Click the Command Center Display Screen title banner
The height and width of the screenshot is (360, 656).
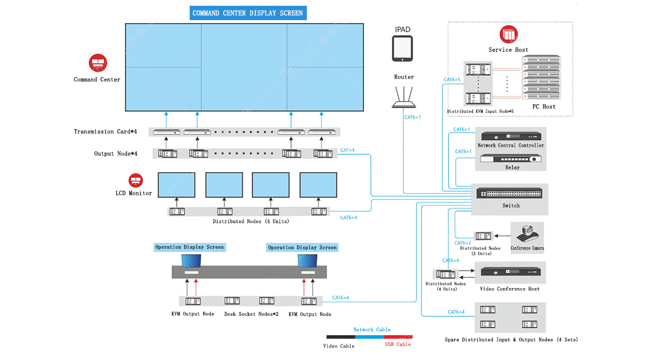[x=248, y=13]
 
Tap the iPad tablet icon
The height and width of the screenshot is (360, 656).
[x=402, y=48]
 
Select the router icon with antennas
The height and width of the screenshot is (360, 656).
[x=404, y=97]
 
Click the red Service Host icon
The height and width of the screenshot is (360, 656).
[x=509, y=34]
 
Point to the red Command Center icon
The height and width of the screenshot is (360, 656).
[x=98, y=63]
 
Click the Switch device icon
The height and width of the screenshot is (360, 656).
[x=509, y=193]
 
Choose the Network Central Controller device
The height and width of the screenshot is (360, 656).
[x=511, y=136]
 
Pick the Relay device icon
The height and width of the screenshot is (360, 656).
[x=511, y=158]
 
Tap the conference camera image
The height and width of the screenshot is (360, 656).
[x=527, y=234]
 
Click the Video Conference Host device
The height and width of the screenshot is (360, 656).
[x=511, y=272]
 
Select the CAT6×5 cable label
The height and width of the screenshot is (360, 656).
[x=452, y=80]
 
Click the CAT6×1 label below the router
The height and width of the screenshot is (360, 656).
[x=413, y=118]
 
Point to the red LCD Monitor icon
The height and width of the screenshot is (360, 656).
[x=135, y=180]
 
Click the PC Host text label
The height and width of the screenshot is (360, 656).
[x=544, y=107]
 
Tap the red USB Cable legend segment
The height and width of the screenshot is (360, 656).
[x=398, y=337]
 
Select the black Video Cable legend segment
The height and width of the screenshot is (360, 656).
[x=341, y=337]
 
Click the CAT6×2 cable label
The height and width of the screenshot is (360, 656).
[x=462, y=243]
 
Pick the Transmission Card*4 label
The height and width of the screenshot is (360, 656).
[x=106, y=132]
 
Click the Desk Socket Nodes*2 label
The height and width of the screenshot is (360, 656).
[x=251, y=314]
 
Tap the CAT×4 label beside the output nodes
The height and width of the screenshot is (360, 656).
[x=347, y=150]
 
